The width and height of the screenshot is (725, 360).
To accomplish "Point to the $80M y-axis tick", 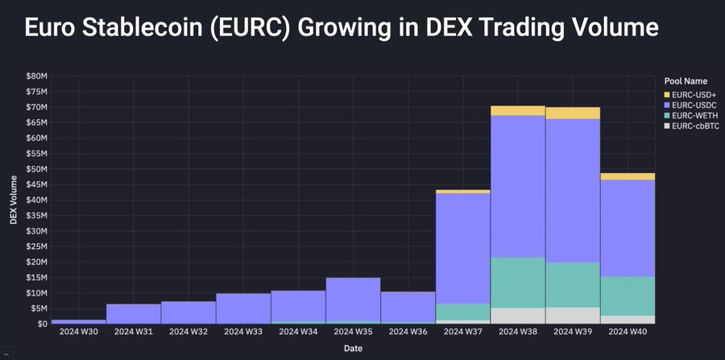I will coord(37,76).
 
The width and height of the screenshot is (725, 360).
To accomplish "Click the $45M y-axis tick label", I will coord(37,184).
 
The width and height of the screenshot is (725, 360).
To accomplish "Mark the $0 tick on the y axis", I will coord(41,324).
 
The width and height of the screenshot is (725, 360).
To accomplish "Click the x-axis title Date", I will coord(353,349).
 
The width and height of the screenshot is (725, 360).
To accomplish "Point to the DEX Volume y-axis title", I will coord(14,199).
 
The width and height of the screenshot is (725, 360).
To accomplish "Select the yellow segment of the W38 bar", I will coord(517,110).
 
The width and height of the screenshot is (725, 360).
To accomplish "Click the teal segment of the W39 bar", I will coord(572,284).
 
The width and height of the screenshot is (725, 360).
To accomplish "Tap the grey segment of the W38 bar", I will coord(517,316).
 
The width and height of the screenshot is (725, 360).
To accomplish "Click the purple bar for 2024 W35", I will coord(353,300).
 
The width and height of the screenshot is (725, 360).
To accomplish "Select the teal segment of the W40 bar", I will coord(628,296).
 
